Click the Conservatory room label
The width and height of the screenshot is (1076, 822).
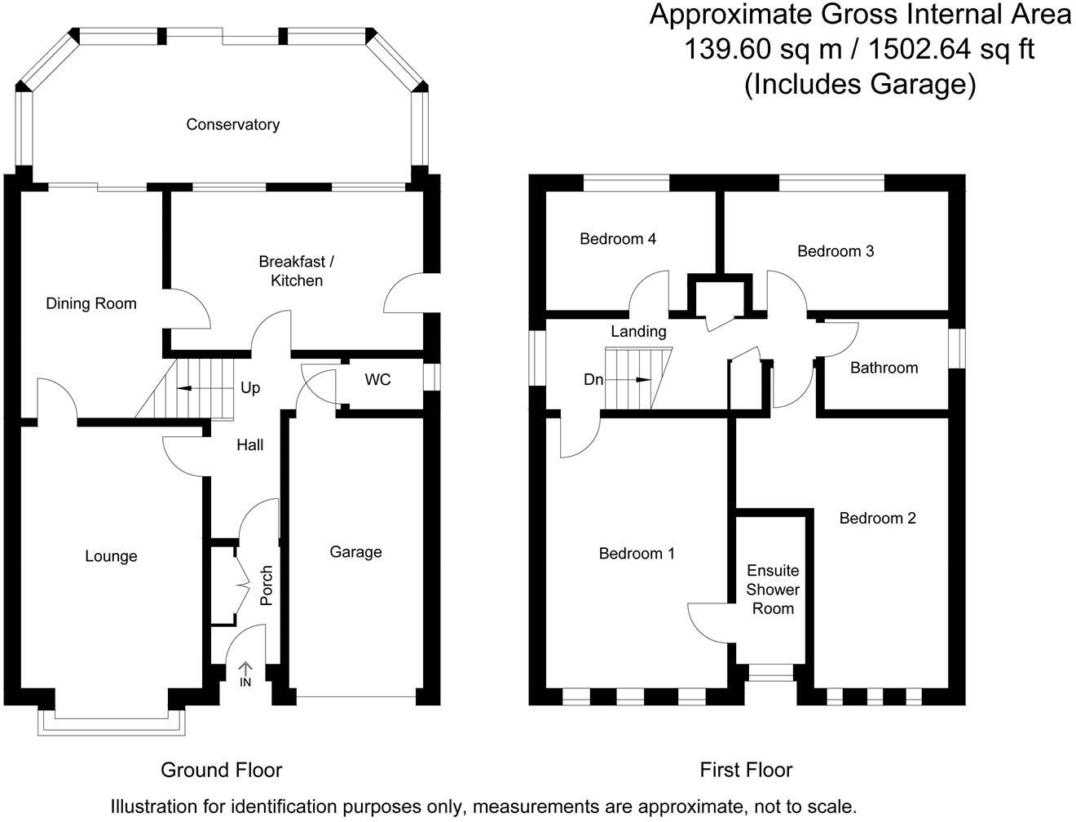point(232,125)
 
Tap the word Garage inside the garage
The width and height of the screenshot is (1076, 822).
point(355,552)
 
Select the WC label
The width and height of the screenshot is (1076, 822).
point(377,380)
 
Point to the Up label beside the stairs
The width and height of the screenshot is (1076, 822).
point(250,387)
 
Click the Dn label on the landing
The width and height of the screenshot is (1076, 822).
point(593,380)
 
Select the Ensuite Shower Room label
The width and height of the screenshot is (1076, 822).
point(773,589)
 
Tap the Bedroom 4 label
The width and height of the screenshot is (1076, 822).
point(618,239)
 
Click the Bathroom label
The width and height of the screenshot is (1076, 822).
point(884,368)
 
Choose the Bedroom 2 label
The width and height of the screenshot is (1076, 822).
point(877,518)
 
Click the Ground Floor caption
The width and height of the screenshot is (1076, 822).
point(221,770)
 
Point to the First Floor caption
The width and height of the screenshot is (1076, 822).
point(746,770)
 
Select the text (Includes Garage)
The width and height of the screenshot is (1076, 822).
point(859,84)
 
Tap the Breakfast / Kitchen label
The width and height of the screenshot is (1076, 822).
point(297,271)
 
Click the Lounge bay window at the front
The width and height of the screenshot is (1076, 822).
point(112,723)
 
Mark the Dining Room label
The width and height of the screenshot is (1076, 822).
point(91,303)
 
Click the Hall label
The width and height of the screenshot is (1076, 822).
point(249,445)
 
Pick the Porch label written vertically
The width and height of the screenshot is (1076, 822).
point(266,586)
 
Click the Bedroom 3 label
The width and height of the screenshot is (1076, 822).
point(836,251)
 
